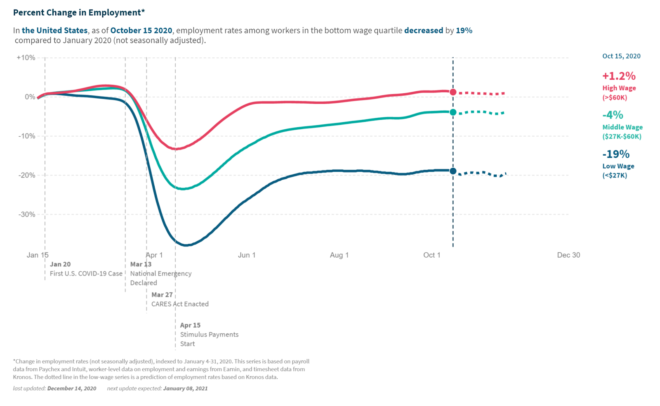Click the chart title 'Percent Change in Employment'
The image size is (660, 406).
pos(79,12)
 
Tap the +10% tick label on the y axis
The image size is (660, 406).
pos(26,57)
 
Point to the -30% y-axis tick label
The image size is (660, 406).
pos(27,214)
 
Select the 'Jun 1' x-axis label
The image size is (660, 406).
pos(247,255)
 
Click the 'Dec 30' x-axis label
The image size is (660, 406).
pos(568,255)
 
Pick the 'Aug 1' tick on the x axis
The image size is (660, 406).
pos(339,255)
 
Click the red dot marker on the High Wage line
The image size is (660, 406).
pos(453,92)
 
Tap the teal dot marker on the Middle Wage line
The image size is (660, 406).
pos(453,112)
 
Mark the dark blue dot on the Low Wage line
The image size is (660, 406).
pos(453,171)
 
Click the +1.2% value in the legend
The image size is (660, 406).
pos(619,76)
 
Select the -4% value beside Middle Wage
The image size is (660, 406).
pos(613,115)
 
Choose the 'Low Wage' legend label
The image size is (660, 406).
pos(618,166)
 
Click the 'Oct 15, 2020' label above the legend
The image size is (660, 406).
pos(621,56)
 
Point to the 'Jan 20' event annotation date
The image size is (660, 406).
pos(60,264)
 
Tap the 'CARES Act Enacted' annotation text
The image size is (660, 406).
pos(180,304)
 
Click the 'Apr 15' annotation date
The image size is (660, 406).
pos(190,325)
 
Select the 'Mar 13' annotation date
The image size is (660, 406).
pos(141,264)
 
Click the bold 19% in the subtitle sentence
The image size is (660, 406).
pos(464,31)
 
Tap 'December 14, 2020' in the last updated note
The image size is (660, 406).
pos(72,388)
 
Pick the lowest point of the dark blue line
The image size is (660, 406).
pos(186,245)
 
